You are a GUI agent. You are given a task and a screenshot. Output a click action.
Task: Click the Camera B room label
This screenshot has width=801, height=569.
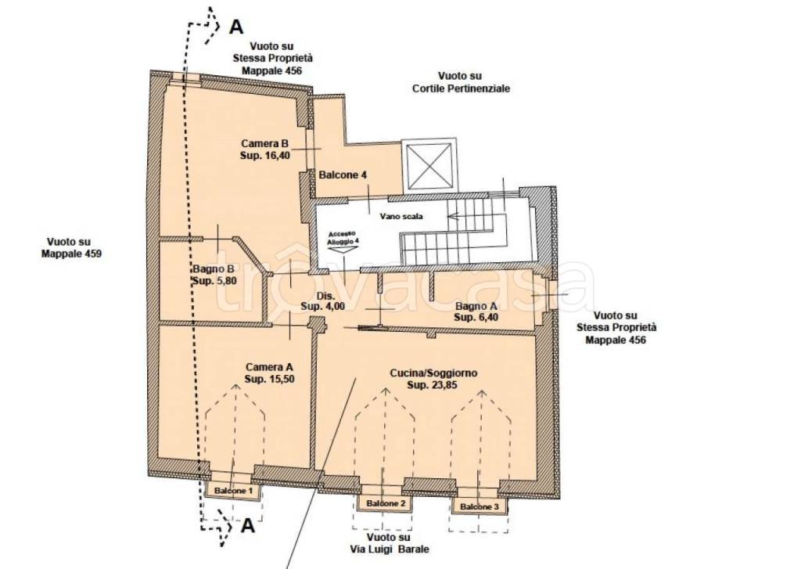[265, 149]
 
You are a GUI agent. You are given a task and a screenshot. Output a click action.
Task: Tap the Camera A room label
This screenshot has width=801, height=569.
[269, 373]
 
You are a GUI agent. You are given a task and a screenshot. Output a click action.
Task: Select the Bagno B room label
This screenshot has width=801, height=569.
[214, 275]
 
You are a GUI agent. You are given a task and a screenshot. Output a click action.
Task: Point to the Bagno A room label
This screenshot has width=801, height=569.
[476, 312]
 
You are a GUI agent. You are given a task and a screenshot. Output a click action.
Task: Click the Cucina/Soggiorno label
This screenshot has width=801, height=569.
[433, 379]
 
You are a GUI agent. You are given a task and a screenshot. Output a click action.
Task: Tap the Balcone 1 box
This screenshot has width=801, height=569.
[233, 490]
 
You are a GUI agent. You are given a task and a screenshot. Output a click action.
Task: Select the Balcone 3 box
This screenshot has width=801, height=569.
[480, 506]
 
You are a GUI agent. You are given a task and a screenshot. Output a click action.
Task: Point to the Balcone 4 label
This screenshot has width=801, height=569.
[343, 175]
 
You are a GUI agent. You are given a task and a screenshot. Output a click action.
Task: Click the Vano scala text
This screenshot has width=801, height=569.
[401, 216]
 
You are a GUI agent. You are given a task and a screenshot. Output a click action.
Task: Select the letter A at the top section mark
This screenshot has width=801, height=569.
[236, 27]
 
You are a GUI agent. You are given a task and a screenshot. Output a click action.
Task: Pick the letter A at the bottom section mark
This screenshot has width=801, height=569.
[247, 525]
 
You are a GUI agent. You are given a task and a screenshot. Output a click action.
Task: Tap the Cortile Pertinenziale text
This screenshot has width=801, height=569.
[461, 88]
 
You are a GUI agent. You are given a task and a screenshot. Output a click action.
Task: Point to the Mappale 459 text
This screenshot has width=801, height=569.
[71, 254]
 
